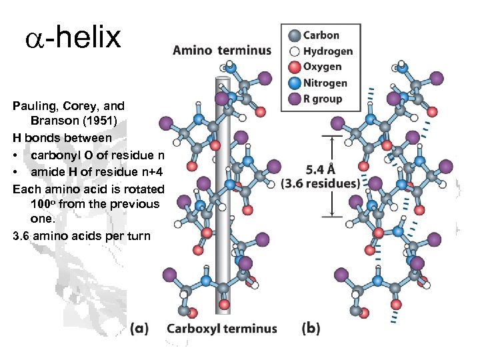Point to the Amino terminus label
[x=222, y=50]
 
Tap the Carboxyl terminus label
[x=221, y=328]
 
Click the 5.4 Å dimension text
[x=320, y=170]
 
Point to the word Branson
[x=53, y=122]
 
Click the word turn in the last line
[x=137, y=235]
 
